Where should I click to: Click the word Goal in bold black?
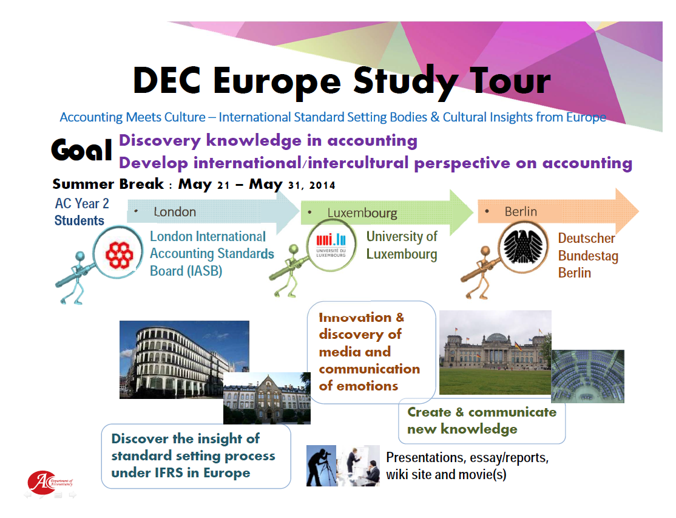click(x=81, y=149)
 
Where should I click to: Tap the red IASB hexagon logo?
click(x=119, y=255)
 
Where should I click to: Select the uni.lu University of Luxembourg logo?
click(x=331, y=245)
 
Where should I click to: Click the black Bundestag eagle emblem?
click(x=523, y=247)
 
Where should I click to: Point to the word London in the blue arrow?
click(x=175, y=212)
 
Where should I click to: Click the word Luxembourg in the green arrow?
click(x=362, y=213)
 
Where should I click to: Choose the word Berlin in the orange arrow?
click(x=521, y=211)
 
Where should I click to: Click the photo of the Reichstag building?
click(x=495, y=352)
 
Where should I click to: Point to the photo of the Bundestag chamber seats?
click(x=587, y=376)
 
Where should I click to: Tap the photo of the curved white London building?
click(x=184, y=360)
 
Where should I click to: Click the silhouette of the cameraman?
click(x=321, y=466)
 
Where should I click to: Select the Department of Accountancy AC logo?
click(x=50, y=482)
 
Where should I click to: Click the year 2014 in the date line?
click(x=322, y=185)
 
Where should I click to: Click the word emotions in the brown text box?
click(x=367, y=386)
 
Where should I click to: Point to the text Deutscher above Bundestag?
click(x=586, y=238)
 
